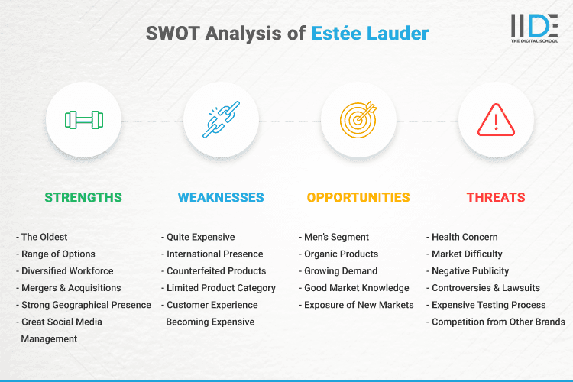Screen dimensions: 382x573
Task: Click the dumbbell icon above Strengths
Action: click(83, 120)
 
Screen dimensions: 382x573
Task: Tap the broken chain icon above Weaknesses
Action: click(221, 120)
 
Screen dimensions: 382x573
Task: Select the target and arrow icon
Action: click(358, 120)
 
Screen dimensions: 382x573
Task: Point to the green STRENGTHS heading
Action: click(83, 197)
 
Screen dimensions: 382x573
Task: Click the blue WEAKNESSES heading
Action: click(221, 197)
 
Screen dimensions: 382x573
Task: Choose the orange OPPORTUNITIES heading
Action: click(358, 197)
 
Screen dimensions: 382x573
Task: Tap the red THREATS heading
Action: click(496, 197)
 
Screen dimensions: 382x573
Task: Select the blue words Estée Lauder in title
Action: click(370, 34)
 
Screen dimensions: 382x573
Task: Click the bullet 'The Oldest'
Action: click(44, 237)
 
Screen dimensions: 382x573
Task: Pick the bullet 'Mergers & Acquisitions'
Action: click(71, 288)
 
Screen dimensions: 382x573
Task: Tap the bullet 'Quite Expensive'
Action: click(201, 237)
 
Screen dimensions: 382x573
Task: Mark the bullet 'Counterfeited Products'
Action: click(216, 271)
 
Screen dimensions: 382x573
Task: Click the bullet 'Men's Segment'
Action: click(336, 237)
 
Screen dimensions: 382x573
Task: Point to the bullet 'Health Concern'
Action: click(465, 237)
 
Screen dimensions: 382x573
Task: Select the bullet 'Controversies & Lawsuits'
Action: click(486, 288)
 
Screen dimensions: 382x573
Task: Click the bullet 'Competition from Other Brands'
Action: click(498, 322)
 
